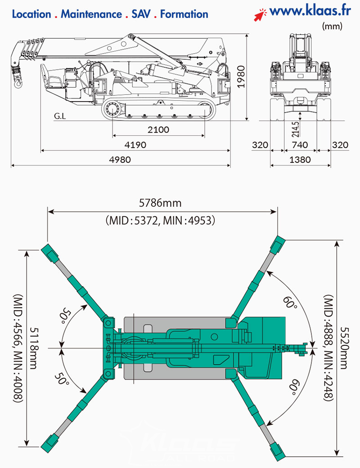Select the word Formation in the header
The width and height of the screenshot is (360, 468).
(x=184, y=14)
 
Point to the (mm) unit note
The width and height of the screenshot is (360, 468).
(x=332, y=27)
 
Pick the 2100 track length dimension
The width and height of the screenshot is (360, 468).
(x=158, y=130)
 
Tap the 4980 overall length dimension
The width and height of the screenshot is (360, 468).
(x=120, y=160)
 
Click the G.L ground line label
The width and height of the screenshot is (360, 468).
(x=60, y=116)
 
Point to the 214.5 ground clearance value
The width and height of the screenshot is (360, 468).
(x=295, y=129)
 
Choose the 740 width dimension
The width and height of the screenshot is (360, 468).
(x=300, y=145)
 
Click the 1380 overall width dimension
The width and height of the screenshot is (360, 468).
(x=300, y=160)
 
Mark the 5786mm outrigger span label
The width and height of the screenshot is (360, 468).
(x=160, y=203)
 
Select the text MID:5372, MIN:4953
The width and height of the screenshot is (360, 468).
(x=161, y=220)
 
